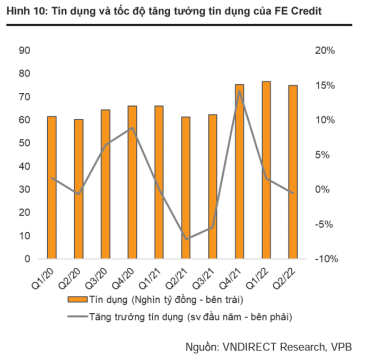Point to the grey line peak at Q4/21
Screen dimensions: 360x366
click(240, 91)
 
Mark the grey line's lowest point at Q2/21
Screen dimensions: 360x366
click(186, 239)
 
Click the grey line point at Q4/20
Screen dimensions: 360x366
click(132, 128)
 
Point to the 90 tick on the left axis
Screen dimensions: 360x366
click(24, 50)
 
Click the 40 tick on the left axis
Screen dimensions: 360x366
click(24, 166)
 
